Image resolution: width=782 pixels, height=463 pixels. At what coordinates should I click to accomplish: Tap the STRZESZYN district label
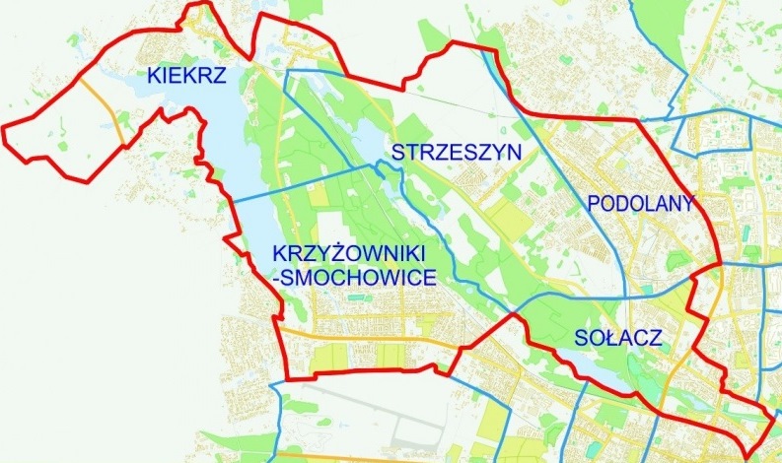[x=456, y=152]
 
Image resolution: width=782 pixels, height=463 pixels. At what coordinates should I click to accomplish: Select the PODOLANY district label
[x=640, y=204]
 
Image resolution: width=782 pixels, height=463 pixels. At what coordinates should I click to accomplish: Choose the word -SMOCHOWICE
[x=352, y=279]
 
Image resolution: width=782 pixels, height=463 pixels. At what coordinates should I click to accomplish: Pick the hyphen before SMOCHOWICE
[x=273, y=280]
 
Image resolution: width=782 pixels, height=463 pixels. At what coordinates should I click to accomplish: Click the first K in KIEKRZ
[x=154, y=73]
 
